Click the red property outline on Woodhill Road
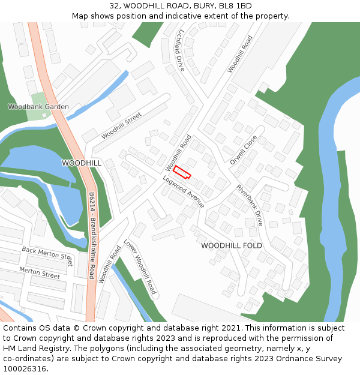click(182, 172)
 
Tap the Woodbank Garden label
click(38, 107)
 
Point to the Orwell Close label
click(244, 150)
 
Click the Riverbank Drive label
click(250, 205)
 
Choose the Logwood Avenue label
click(184, 192)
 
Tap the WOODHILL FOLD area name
click(232, 246)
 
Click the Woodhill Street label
click(121, 125)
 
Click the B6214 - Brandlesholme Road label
click(92, 235)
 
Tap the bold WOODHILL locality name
click(82, 163)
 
